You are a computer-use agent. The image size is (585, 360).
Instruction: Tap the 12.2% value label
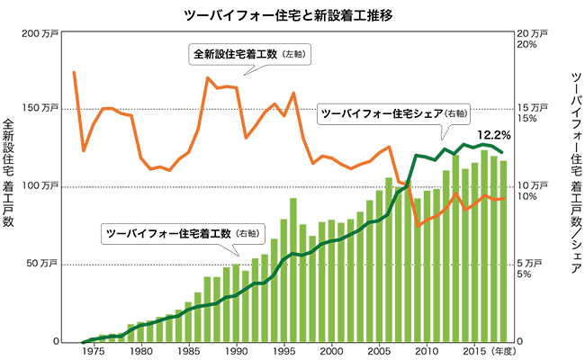[493, 135]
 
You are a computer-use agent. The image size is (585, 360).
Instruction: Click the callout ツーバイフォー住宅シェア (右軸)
[394, 114]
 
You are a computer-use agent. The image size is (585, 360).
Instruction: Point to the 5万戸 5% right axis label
[525, 269]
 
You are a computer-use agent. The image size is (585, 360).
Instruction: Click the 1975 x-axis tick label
[93, 351]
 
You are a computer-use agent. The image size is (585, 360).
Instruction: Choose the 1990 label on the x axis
[236, 351]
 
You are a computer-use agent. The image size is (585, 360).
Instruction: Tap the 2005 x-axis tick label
[379, 351]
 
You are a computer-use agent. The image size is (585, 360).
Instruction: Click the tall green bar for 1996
[293, 270]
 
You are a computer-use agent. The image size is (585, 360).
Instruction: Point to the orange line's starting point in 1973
[74, 72]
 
